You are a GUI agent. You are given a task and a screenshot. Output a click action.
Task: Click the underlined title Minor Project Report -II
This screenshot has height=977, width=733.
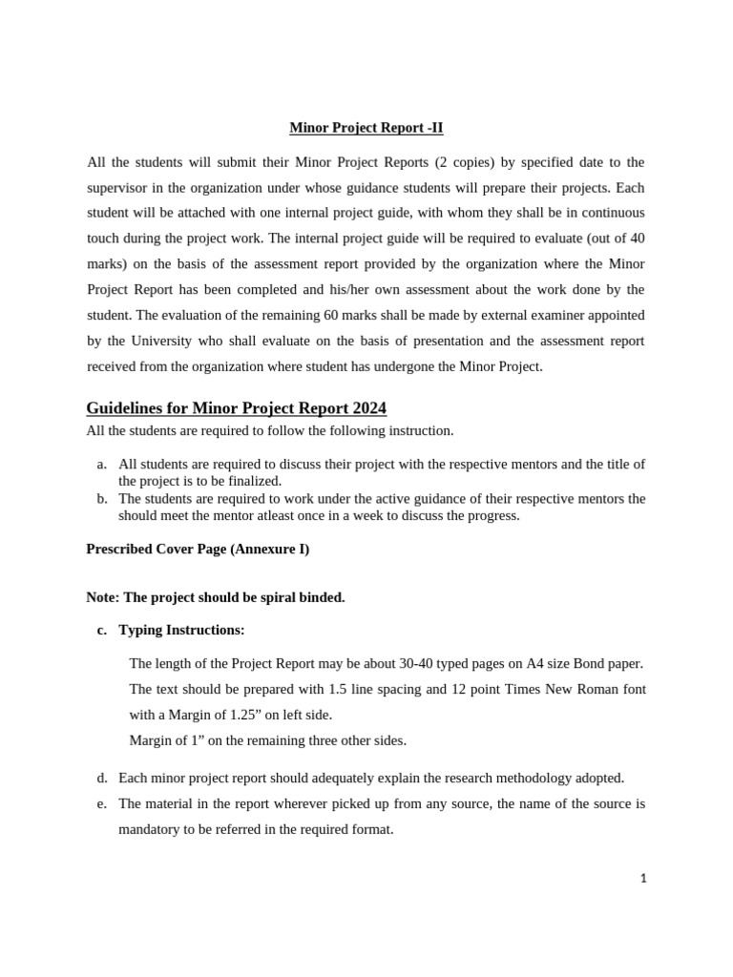(366, 128)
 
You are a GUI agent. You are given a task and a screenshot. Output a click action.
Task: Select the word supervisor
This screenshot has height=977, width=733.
(117, 187)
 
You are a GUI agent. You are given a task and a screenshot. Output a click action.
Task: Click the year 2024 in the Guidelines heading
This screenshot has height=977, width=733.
(367, 408)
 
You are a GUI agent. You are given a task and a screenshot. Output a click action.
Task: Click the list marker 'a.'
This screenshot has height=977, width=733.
(101, 465)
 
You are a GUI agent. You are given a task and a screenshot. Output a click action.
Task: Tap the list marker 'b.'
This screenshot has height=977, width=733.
(101, 499)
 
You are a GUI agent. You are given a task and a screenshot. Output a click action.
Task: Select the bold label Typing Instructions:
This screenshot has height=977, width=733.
(181, 631)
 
